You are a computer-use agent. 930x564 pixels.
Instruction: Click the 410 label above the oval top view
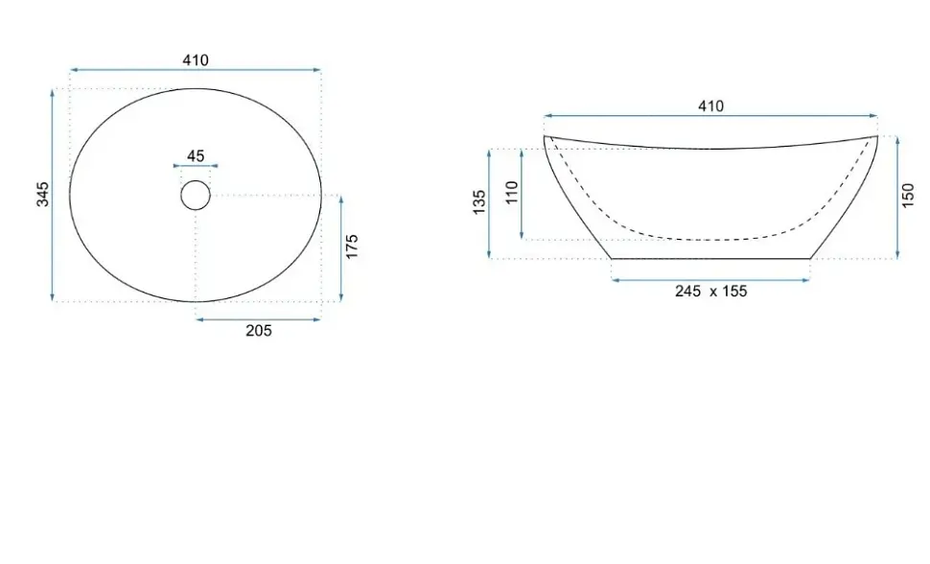[x=196, y=60]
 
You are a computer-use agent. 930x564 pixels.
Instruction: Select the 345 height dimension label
[x=43, y=194]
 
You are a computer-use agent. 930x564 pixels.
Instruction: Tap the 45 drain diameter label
[x=196, y=155]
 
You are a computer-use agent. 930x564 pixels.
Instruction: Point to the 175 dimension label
[x=352, y=247]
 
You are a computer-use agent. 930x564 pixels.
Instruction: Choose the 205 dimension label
[x=259, y=331]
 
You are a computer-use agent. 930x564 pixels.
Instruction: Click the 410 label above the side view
[x=710, y=106]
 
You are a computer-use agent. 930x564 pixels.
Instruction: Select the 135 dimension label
[x=479, y=201]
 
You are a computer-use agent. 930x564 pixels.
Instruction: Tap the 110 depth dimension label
[x=511, y=193]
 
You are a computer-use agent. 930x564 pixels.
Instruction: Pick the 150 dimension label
[x=908, y=196]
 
